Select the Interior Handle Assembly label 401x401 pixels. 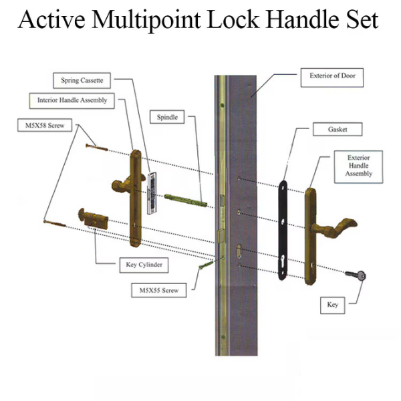(72, 101)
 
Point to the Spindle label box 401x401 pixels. (167, 117)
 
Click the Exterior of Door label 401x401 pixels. (332, 77)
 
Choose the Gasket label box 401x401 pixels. (336, 128)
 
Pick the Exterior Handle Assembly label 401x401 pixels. (358, 165)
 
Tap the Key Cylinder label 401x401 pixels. (143, 264)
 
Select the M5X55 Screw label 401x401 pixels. (158, 291)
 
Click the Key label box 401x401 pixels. (332, 305)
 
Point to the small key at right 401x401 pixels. (358, 275)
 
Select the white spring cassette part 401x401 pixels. (152, 192)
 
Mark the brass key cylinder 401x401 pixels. (93, 219)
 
